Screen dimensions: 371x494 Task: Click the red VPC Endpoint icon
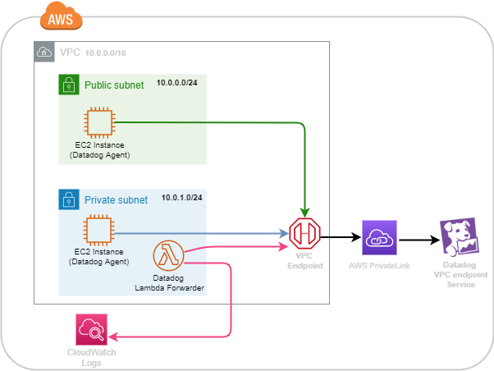305,236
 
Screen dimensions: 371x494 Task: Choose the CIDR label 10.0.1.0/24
182,199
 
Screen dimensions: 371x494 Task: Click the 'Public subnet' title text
114,85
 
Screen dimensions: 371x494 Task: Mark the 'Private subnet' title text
116,199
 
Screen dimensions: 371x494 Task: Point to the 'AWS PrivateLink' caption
380,266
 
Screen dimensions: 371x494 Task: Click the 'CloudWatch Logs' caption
90,357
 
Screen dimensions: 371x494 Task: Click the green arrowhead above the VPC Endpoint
305,214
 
